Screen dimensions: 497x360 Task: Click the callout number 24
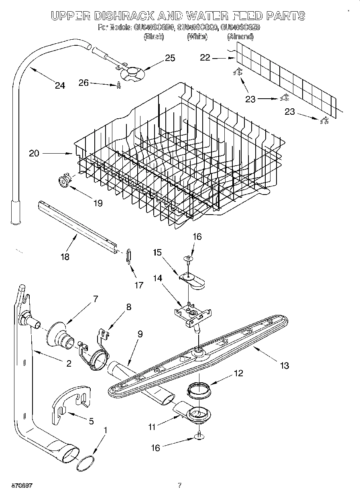pyautogui.click(x=60, y=85)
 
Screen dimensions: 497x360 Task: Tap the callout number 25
pyautogui.click(x=170, y=58)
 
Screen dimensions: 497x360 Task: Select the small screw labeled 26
pyautogui.click(x=118, y=85)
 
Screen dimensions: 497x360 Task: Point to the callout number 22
pyautogui.click(x=205, y=58)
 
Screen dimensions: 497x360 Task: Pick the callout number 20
pyautogui.click(x=34, y=153)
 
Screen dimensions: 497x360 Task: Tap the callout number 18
pyautogui.click(x=65, y=257)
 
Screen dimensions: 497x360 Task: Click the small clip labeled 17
pyautogui.click(x=128, y=255)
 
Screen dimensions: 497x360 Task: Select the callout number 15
pyautogui.click(x=157, y=253)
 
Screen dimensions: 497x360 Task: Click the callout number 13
pyautogui.click(x=284, y=365)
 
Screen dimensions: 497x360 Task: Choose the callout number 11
pyautogui.click(x=152, y=427)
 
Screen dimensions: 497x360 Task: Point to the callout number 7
pyautogui.click(x=95, y=298)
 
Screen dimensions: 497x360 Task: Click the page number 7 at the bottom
pyautogui.click(x=179, y=485)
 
